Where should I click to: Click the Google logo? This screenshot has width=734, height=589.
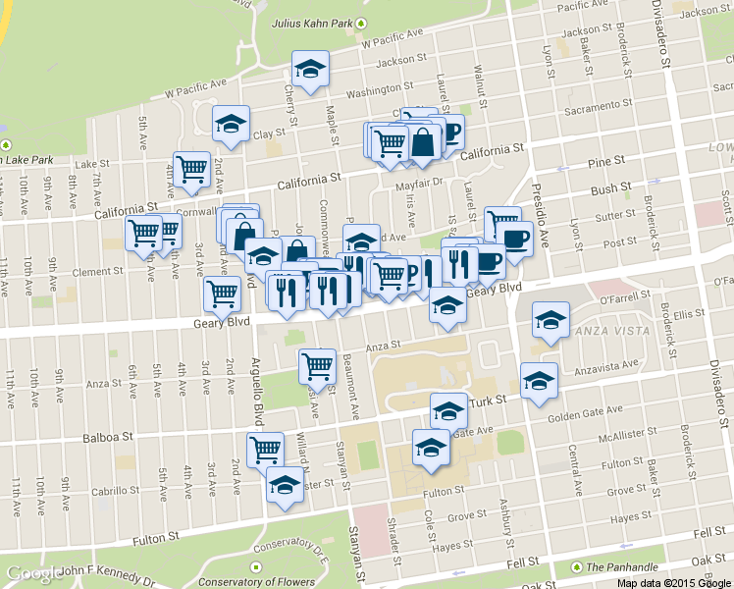(x=35, y=574)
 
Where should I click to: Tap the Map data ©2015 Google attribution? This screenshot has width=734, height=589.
(x=673, y=582)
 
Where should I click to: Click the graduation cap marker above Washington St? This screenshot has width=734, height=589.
(x=310, y=70)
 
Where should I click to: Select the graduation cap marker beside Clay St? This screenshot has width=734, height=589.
(x=232, y=124)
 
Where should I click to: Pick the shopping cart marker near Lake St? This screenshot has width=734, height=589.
(x=191, y=170)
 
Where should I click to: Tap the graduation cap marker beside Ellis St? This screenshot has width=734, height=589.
(x=550, y=320)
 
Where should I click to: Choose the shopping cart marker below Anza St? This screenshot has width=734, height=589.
(x=317, y=367)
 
